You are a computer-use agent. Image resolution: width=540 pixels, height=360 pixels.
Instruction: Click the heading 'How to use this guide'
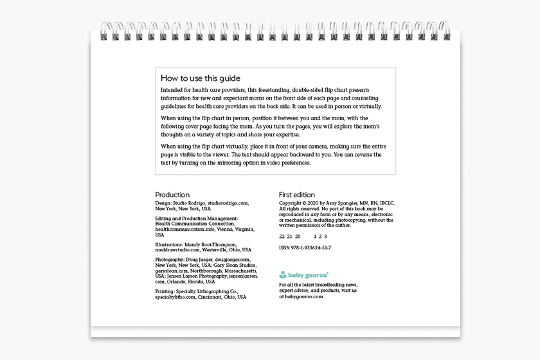pyautogui.click(x=201, y=78)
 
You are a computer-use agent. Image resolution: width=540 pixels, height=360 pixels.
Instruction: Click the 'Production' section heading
pyautogui.click(x=172, y=195)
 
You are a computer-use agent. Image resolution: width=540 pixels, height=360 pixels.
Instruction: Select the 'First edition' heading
pyautogui.click(x=297, y=195)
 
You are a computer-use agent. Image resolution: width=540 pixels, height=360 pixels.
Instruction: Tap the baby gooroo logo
pyautogui.click(x=304, y=274)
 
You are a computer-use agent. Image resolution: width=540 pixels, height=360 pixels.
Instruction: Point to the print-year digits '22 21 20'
pyautogui.click(x=289, y=237)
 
